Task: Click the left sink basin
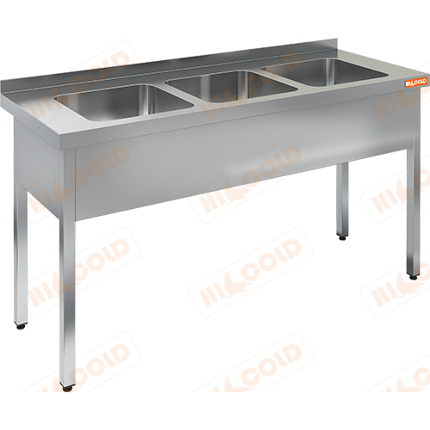click(x=123, y=101)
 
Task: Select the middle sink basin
click(x=231, y=86)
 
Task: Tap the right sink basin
click(x=325, y=71)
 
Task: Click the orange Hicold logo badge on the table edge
click(x=415, y=82)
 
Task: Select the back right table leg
click(x=343, y=200)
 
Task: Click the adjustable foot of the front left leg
click(x=68, y=388)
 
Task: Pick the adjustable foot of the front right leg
click(x=413, y=277)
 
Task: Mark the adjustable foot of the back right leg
click(x=342, y=237)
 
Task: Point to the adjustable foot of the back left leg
click(x=21, y=326)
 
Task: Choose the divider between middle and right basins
click(x=279, y=75)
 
